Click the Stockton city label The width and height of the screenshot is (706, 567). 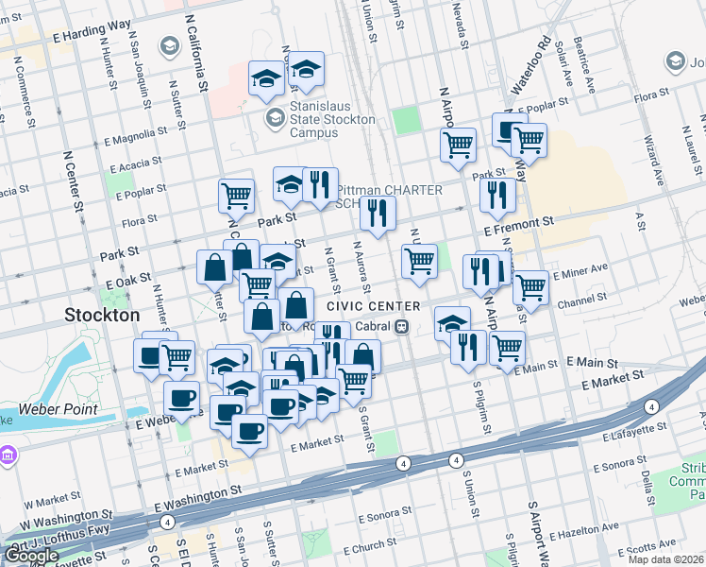click(x=102, y=314)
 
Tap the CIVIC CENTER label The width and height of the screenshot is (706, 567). click(x=373, y=306)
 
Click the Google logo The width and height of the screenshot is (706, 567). click(x=31, y=556)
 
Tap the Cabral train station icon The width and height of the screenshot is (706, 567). click(x=402, y=327)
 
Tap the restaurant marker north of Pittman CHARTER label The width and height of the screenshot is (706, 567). click(x=321, y=183)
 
